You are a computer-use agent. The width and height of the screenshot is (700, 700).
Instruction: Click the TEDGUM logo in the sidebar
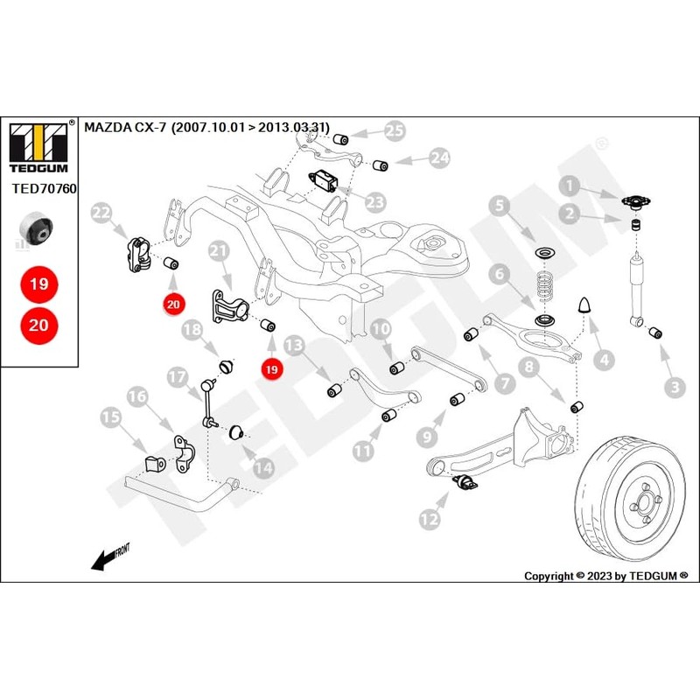[38, 148]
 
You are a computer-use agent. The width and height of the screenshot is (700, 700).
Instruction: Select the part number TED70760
[45, 189]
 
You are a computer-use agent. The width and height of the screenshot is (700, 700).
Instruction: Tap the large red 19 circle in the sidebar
[38, 283]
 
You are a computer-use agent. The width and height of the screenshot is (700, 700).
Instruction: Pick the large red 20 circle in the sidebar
[38, 325]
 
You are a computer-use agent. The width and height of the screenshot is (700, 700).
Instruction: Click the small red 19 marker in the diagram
[271, 369]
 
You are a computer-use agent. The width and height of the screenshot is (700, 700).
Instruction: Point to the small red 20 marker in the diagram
[173, 304]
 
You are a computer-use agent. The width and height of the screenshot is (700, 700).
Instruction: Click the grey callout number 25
[395, 131]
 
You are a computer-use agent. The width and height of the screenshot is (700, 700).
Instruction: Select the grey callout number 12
[430, 519]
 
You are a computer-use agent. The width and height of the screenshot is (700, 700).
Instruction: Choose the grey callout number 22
[101, 213]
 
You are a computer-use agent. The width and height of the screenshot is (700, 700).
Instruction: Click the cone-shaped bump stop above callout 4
[584, 305]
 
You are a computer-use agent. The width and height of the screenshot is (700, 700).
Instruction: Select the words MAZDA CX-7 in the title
[125, 128]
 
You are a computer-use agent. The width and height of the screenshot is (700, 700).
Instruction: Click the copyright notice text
[605, 576]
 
